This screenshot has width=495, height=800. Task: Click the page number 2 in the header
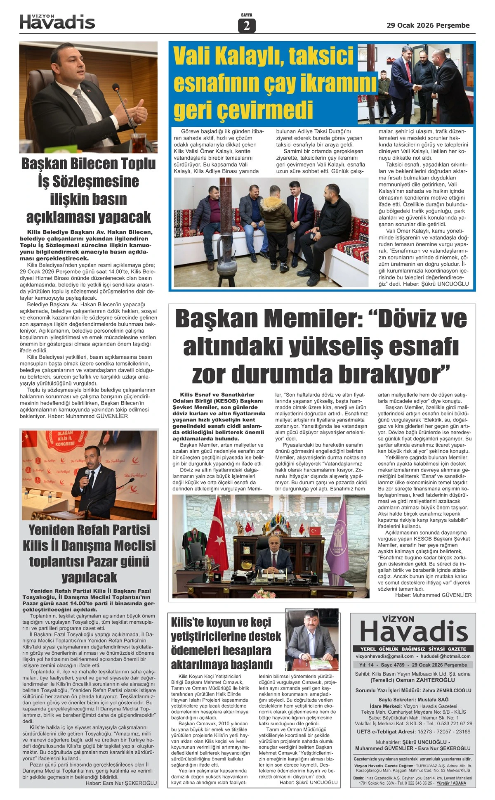pos(247,26)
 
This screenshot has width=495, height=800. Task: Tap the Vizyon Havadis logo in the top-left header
pos(57,22)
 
